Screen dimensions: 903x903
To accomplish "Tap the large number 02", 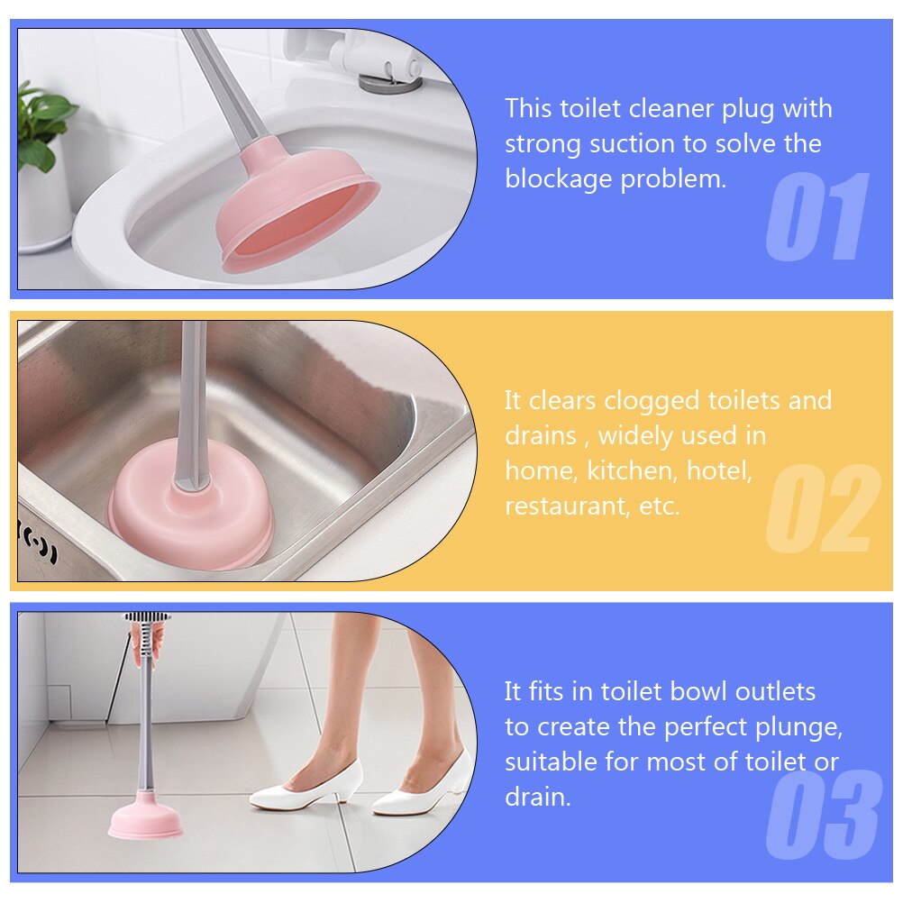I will click(x=822, y=509).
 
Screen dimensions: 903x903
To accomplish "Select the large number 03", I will click(x=822, y=815).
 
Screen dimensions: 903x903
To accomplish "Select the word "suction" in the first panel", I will click(x=631, y=144).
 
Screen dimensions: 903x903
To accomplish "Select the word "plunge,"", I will click(x=797, y=727).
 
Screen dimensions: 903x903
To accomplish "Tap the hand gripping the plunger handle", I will click(x=147, y=643).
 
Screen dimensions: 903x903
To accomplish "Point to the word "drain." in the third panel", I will click(x=538, y=798).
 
